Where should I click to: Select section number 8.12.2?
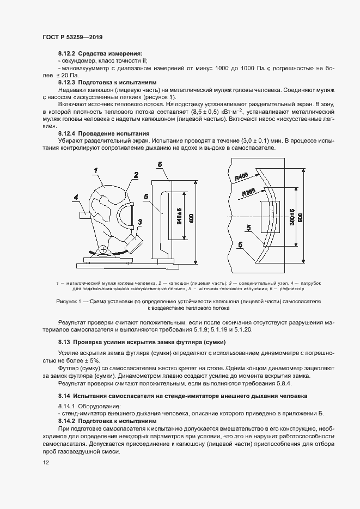pos(67,54)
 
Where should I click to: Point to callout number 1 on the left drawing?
pos(95,170)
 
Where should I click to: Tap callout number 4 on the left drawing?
pos(76,198)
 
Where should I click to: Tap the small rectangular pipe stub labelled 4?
pos(86,214)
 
